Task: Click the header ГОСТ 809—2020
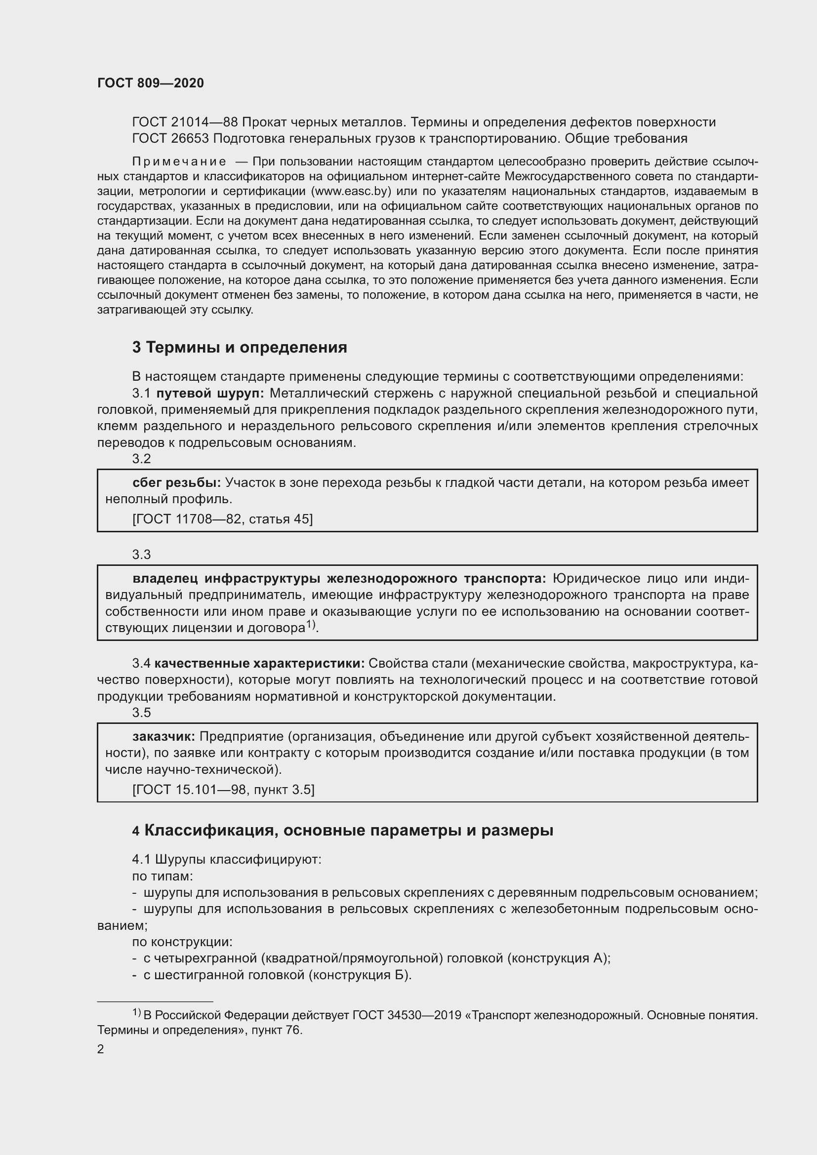coord(151,83)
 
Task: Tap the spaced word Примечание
coord(179,161)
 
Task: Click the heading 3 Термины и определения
coord(240,347)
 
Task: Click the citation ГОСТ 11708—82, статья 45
coord(222,518)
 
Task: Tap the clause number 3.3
coord(141,555)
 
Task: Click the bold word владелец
coord(164,579)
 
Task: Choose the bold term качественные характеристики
coord(260,664)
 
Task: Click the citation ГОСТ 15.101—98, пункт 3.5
coord(223,789)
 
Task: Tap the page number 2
coord(101,1049)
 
